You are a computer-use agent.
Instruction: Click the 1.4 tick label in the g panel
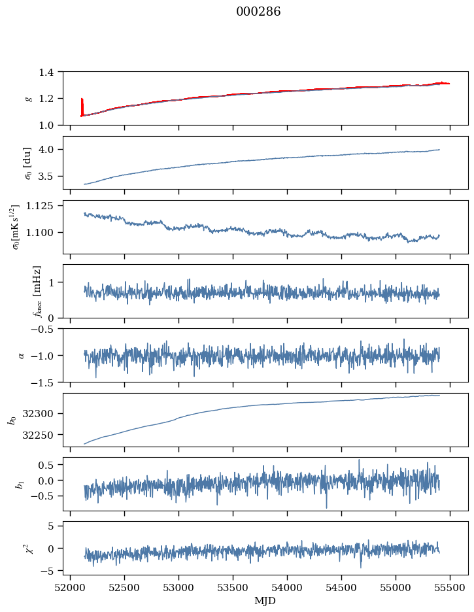pos(49,72)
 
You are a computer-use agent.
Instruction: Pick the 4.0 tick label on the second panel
pos(49,149)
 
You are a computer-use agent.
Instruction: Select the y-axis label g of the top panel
pos(28,98)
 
